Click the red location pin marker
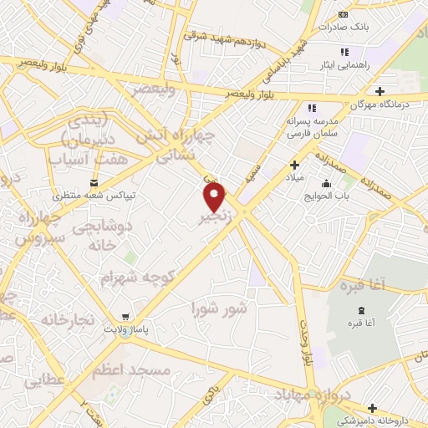tap(215, 197)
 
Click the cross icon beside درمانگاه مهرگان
tap(380, 91)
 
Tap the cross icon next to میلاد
tap(294, 165)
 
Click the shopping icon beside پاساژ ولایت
tap(125, 318)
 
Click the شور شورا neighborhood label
tap(220, 308)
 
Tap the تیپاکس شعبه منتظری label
tap(89, 196)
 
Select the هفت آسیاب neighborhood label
tap(88, 157)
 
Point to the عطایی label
tap(45, 383)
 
